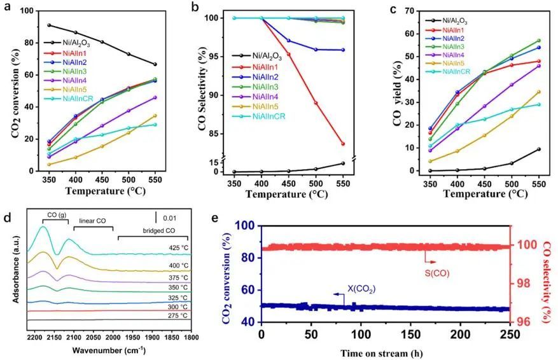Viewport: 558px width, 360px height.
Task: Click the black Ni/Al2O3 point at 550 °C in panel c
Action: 540,149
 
